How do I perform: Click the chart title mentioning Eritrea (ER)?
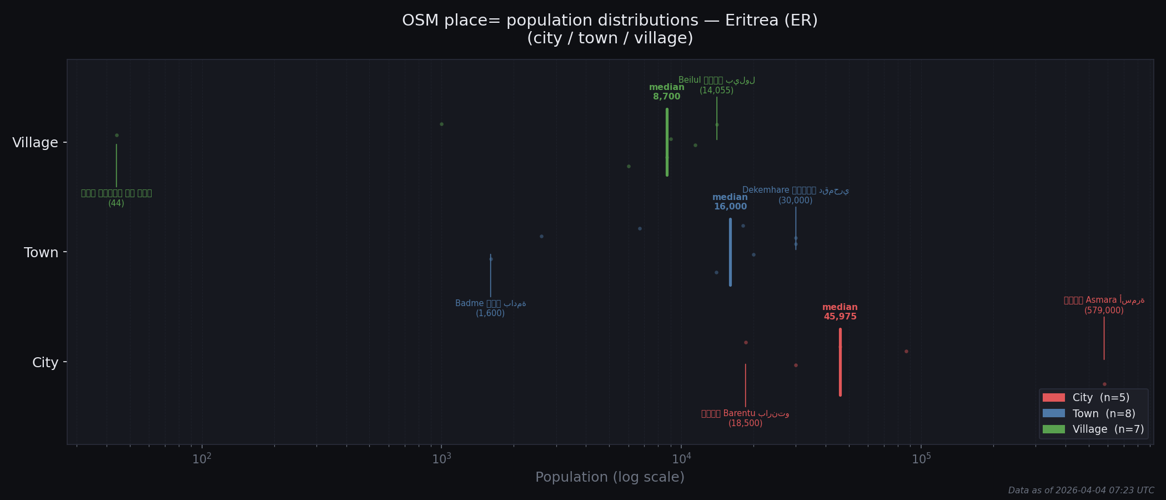(610, 29)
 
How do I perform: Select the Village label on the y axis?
(35, 143)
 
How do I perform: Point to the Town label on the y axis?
(41, 253)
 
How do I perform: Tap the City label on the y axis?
(45, 363)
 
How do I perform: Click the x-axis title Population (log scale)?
(610, 477)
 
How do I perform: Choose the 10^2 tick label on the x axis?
(202, 459)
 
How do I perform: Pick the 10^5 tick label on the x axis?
(921, 459)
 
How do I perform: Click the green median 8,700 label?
(666, 92)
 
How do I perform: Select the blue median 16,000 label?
(730, 202)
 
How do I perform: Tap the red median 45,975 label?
(840, 312)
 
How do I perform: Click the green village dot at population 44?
(117, 135)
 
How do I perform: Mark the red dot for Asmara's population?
(1104, 384)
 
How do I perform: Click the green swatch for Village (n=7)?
(1053, 429)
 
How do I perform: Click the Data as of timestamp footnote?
(1081, 491)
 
